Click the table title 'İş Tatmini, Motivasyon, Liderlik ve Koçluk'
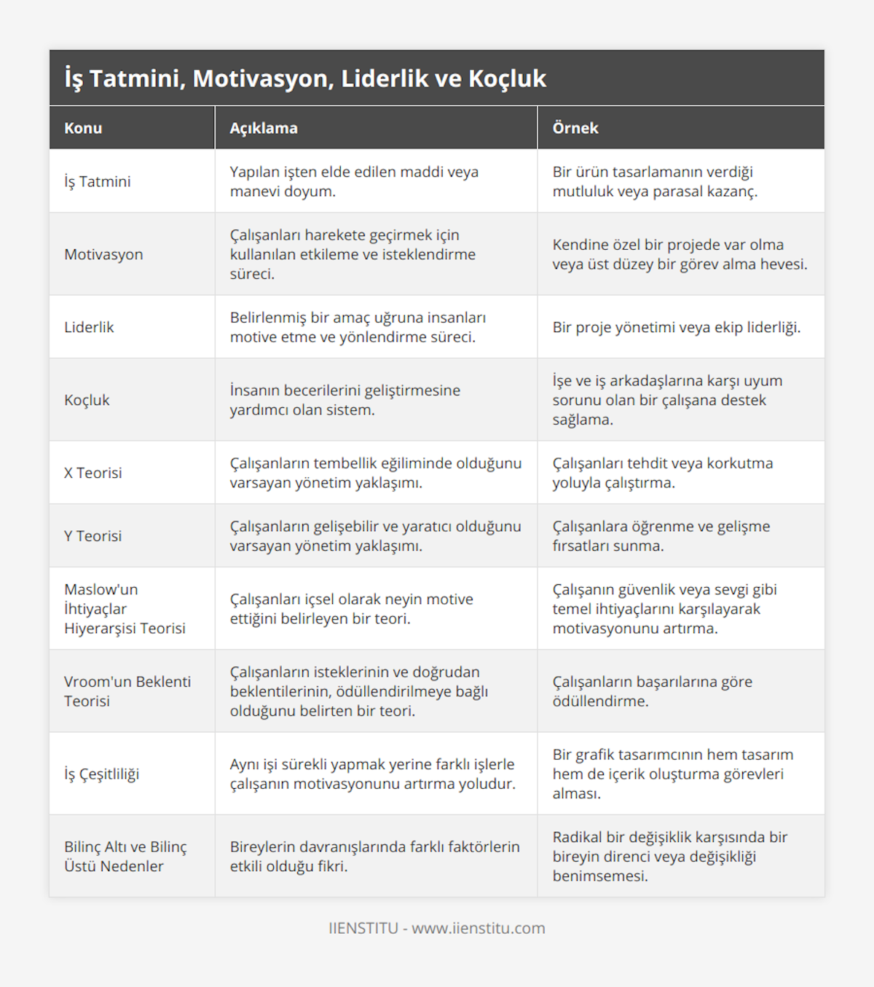[x=305, y=79]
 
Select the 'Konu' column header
[x=83, y=128]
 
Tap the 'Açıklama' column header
[x=264, y=128]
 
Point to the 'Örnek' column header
[x=575, y=128]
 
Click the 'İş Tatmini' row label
[x=98, y=181]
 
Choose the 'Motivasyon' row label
[x=103, y=254]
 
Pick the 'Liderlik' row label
[x=89, y=327]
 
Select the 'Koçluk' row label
[x=87, y=400]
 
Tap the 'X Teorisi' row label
[x=93, y=473]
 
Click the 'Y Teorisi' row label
[x=93, y=536]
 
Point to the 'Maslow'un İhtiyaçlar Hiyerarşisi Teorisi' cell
[x=125, y=609]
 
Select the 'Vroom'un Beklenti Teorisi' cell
[x=127, y=691]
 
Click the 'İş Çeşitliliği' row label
[x=101, y=774]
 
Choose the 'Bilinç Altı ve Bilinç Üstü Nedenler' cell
[x=125, y=857]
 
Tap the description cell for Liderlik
[x=358, y=327]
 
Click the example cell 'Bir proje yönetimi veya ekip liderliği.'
[x=676, y=327]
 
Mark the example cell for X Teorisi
[x=662, y=473]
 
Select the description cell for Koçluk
[x=345, y=400]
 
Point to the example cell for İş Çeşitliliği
[x=672, y=774]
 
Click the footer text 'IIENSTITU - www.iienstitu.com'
[x=437, y=928]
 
